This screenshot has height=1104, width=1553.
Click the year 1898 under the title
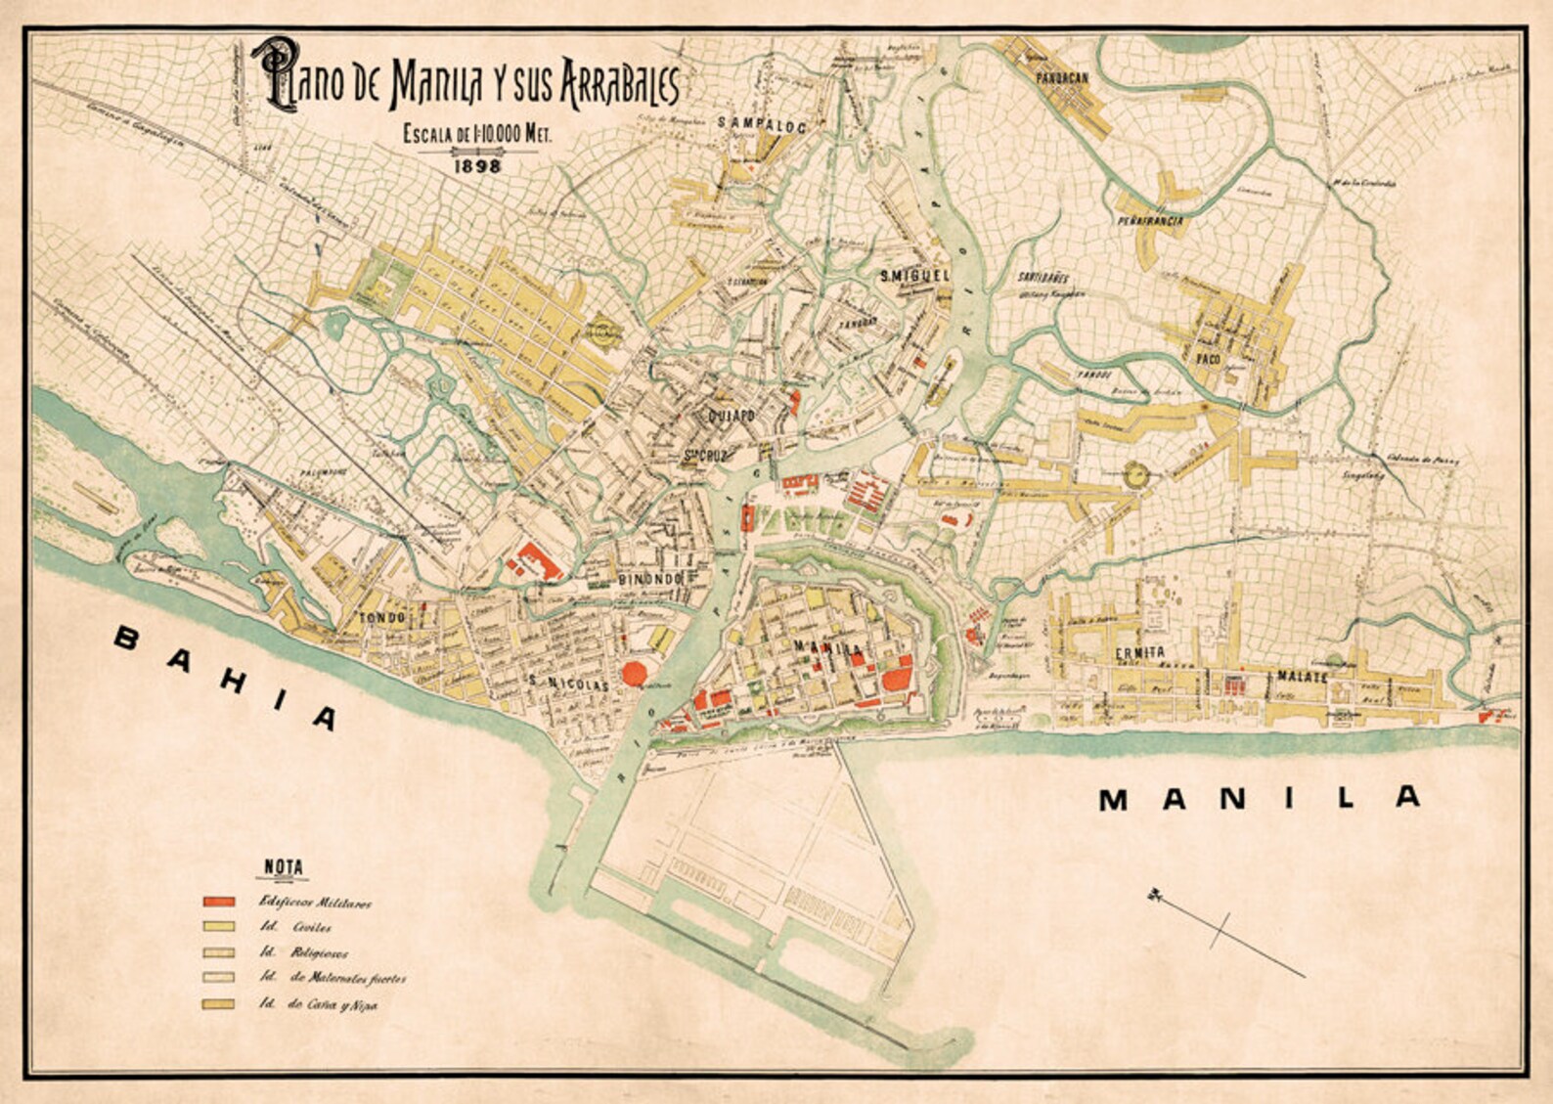pyautogui.click(x=478, y=165)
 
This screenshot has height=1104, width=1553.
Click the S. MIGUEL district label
pyautogui.click(x=913, y=276)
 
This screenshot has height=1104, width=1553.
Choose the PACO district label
pyautogui.click(x=1210, y=359)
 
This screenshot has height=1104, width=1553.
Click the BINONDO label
pyautogui.click(x=649, y=579)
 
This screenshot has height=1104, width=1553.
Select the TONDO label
pyautogui.click(x=381, y=618)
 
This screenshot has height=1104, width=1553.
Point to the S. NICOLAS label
pyautogui.click(x=567, y=685)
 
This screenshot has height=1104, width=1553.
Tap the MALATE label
pyautogui.click(x=1302, y=676)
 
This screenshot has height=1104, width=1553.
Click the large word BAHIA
pyautogui.click(x=226, y=678)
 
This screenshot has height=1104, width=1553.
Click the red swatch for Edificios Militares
pyautogui.click(x=220, y=901)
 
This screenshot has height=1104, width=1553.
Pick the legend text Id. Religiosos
pyautogui.click(x=302, y=952)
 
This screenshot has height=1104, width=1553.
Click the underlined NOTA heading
pyautogui.click(x=284, y=867)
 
